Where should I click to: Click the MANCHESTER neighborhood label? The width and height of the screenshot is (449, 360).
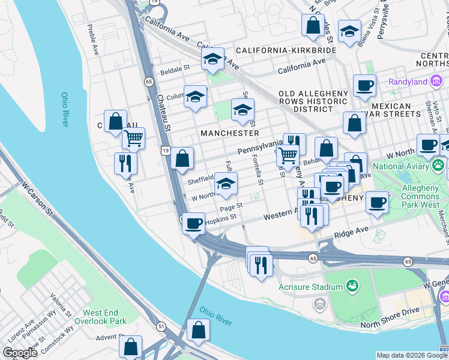[x=230, y=133]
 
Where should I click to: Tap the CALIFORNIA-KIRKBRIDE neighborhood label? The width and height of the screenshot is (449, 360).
[x=286, y=50]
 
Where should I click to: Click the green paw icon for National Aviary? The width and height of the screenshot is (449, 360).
[x=439, y=165]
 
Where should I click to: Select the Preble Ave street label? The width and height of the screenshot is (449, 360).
[x=92, y=49]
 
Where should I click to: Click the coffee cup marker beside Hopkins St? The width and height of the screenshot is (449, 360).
[x=193, y=224]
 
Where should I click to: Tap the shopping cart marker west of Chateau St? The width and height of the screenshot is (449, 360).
[x=133, y=139]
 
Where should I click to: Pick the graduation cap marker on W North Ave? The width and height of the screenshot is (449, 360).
[x=226, y=184]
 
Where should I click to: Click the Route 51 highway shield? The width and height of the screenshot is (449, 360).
[x=161, y=326]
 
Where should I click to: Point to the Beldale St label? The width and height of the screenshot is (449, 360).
[x=173, y=70]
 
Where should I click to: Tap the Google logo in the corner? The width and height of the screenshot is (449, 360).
[x=19, y=353]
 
